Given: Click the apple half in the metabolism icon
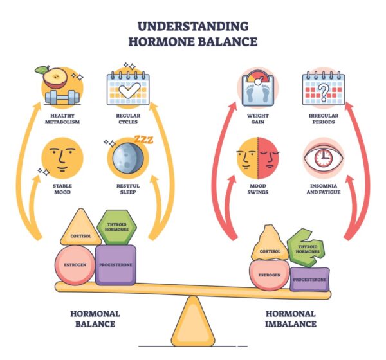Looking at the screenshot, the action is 55,78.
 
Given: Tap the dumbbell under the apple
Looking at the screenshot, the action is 62,97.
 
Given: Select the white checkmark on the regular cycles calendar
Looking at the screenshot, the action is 129,90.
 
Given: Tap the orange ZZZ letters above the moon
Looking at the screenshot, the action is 143,139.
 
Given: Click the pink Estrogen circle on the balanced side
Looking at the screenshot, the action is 75,265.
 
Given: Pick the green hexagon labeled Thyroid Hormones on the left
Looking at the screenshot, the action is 116,227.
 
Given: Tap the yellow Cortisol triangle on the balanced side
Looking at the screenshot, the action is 81,229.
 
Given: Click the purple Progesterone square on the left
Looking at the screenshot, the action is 115,265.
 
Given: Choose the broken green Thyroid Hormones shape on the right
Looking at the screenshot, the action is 306,248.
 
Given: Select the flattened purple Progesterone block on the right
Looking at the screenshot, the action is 309,280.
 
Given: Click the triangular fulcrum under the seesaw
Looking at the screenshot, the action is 193,321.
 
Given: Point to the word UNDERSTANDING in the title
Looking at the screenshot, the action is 193,26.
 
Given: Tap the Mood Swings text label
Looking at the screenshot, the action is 258,189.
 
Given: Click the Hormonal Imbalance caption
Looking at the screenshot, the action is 291,319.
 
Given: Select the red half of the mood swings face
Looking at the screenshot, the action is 268,158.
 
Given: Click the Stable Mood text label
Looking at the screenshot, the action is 62,189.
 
